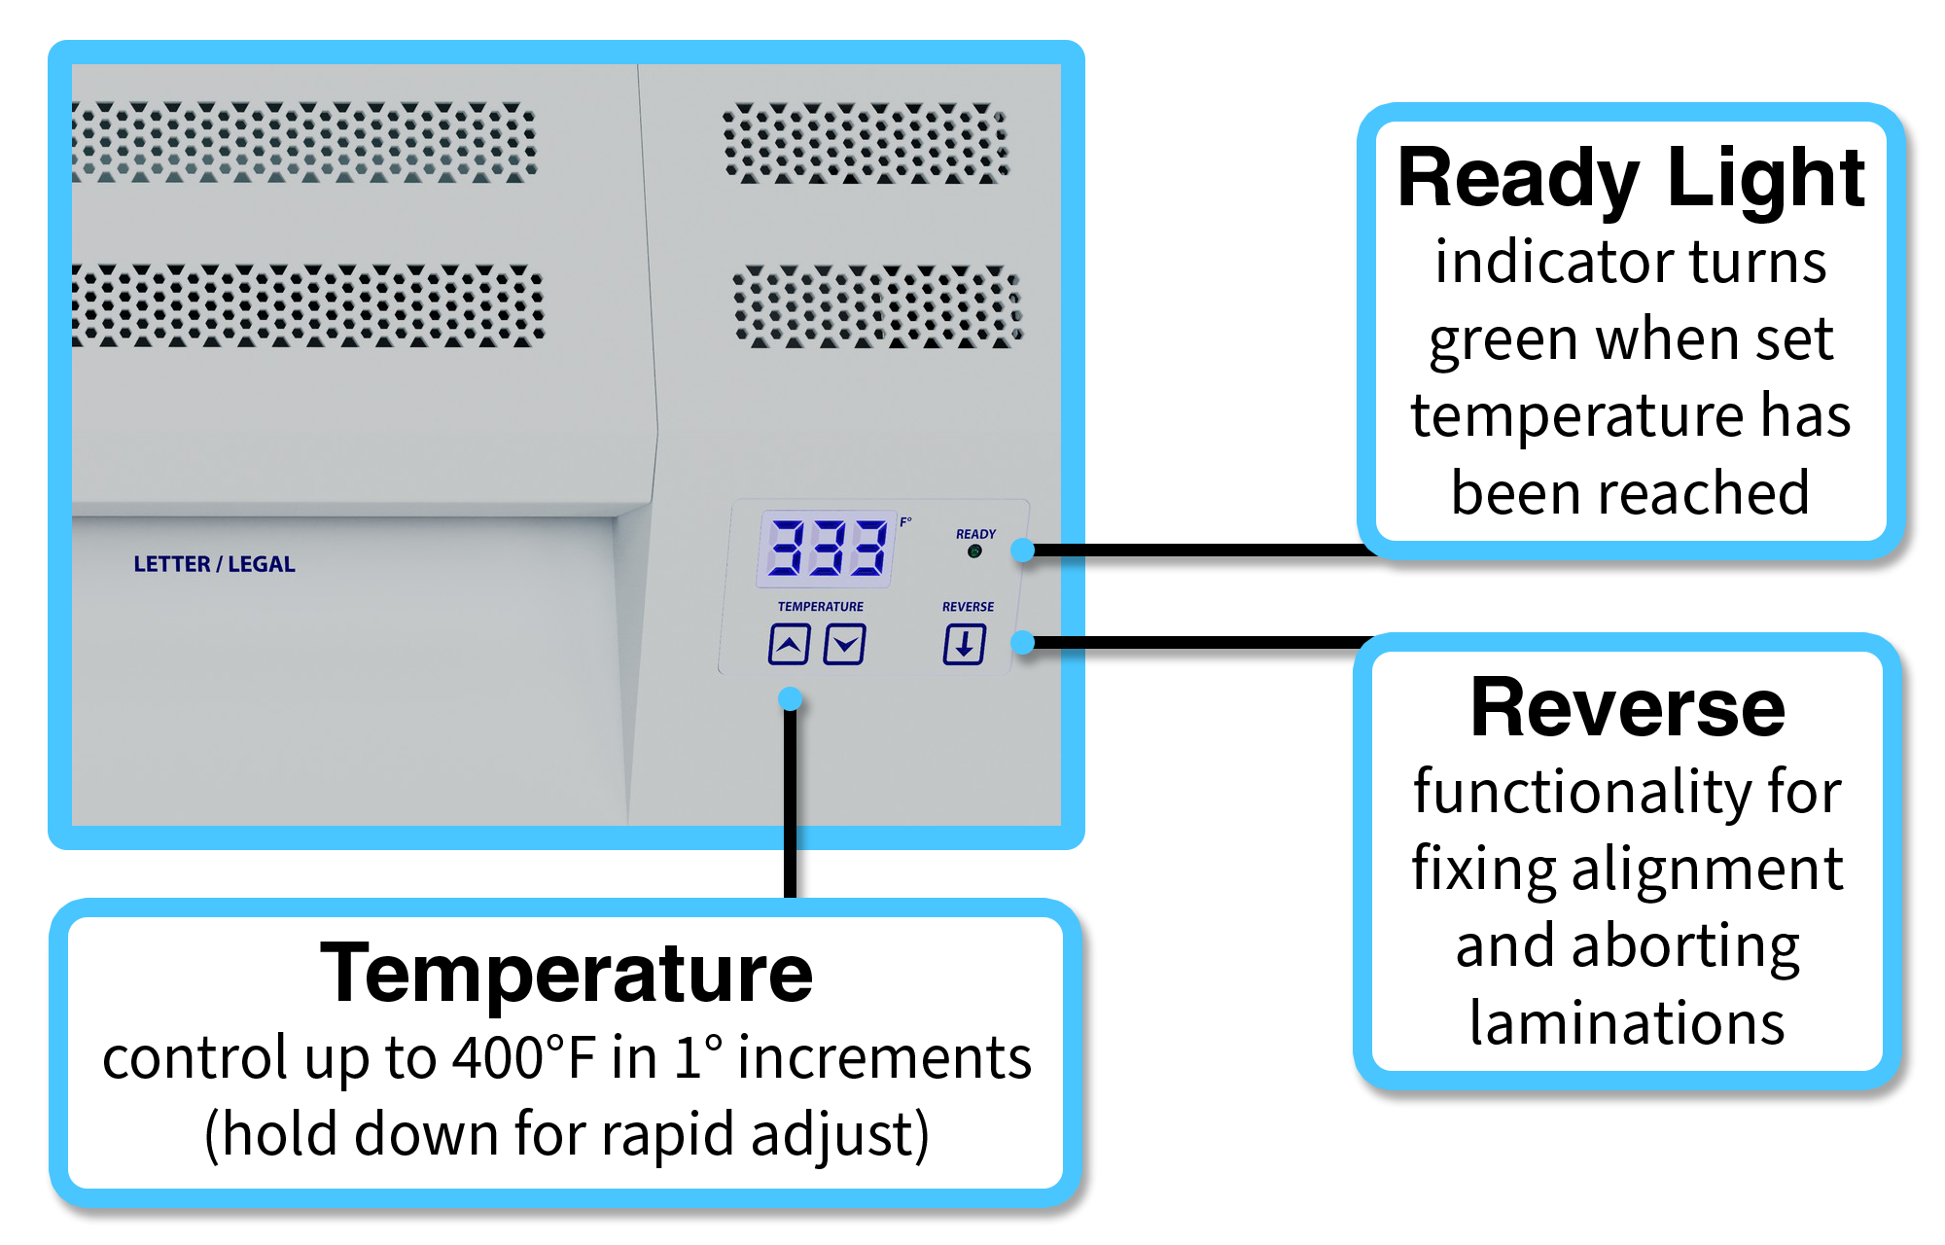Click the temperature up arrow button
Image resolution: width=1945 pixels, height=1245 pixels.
coord(789,644)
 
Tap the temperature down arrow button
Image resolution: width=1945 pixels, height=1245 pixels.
coord(844,644)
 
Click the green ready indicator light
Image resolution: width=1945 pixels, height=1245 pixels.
coord(974,551)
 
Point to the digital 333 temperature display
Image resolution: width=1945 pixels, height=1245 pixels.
coord(827,548)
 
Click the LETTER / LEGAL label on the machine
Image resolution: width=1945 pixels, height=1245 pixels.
coord(214,564)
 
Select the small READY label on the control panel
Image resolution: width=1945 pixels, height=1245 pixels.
coord(975,534)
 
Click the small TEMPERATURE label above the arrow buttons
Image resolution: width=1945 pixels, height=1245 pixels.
coord(820,606)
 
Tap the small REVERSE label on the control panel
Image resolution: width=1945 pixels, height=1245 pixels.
coord(968,606)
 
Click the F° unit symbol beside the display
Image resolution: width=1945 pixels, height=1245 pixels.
coord(905,522)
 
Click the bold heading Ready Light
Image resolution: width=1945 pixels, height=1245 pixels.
coord(1630,178)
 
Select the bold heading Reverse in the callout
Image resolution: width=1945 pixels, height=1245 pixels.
coord(1627,708)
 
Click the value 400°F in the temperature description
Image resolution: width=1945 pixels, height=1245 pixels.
coord(523,1057)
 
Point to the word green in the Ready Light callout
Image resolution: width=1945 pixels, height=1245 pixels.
coord(1503,340)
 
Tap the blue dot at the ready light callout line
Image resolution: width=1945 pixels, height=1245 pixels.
coord(1022,551)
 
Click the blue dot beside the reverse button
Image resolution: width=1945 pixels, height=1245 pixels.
coord(1022,642)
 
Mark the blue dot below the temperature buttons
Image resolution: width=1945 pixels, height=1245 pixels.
coord(791,698)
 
